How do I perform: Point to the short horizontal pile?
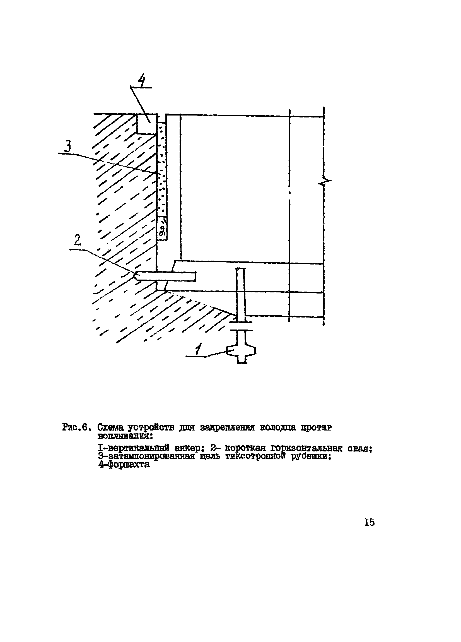(166, 276)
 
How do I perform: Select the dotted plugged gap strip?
(162, 170)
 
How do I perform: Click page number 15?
(370, 522)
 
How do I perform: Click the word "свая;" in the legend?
(360, 448)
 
